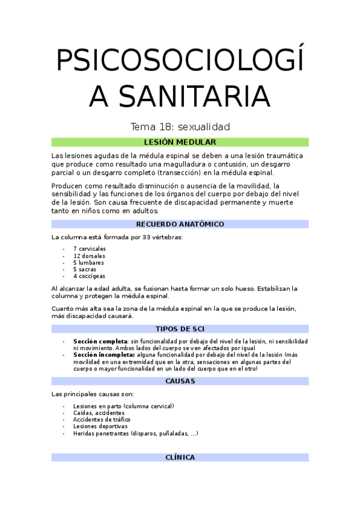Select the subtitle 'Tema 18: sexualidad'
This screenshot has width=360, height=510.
(x=180, y=127)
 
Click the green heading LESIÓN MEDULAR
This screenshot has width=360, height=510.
(x=180, y=142)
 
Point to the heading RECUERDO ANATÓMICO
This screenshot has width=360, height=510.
(x=180, y=224)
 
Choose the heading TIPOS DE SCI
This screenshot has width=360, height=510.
(x=180, y=329)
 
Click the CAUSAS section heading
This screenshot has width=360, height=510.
(x=180, y=381)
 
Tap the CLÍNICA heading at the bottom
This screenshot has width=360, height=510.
(x=180, y=457)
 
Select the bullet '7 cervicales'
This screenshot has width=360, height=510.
(x=90, y=249)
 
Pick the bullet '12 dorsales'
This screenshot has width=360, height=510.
(x=88, y=256)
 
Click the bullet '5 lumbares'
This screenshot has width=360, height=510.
(x=88, y=262)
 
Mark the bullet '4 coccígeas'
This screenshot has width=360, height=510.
(x=89, y=276)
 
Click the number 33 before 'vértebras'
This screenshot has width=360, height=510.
(x=147, y=237)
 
